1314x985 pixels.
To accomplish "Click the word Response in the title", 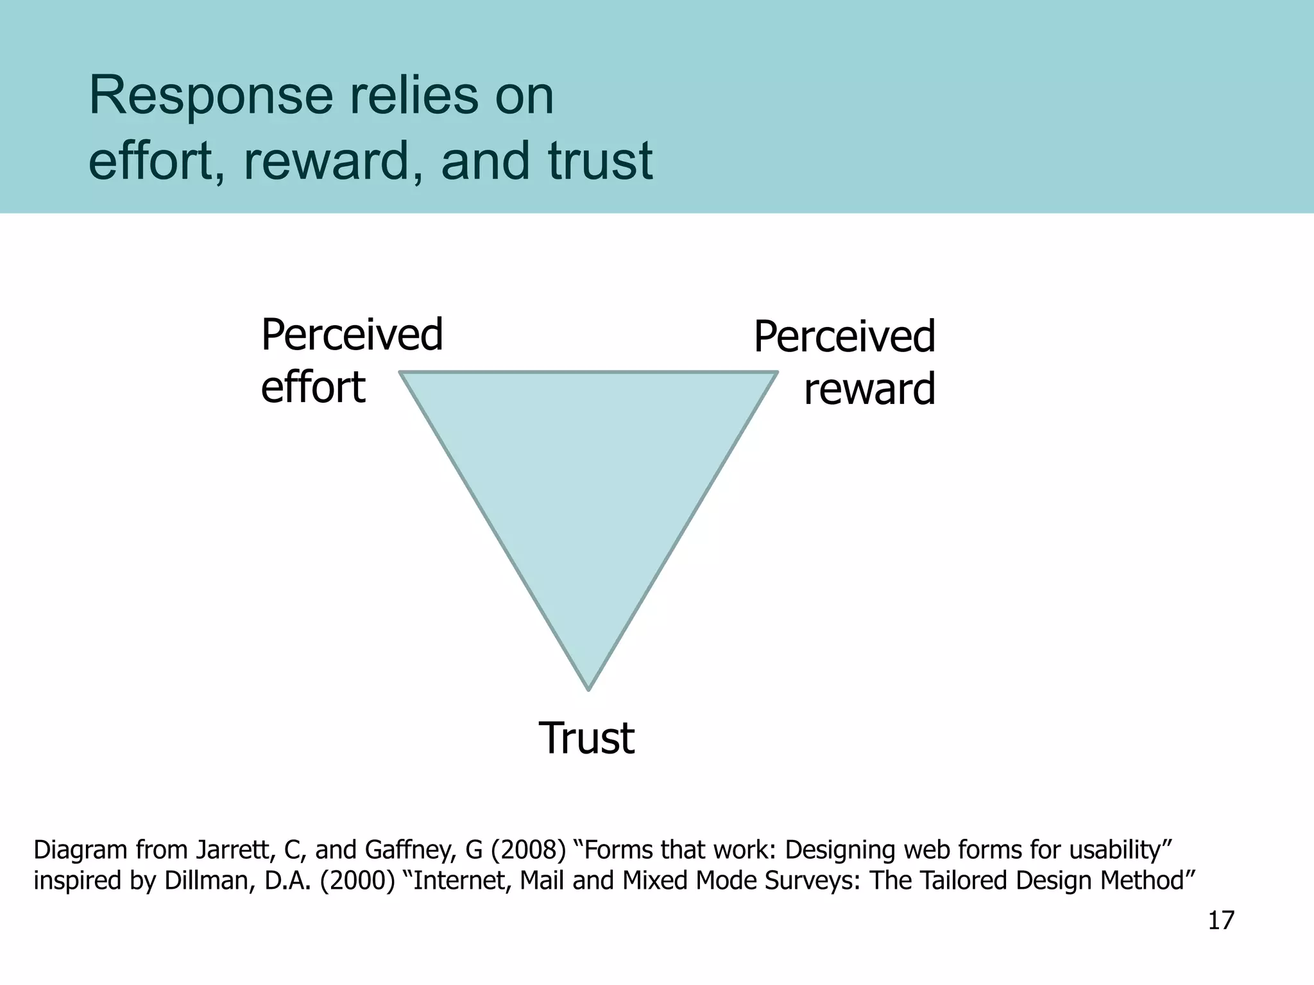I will tap(210, 96).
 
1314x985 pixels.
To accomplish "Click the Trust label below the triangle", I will tap(586, 738).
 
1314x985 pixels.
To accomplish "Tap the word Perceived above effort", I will tap(352, 335).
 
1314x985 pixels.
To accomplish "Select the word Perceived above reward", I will tap(844, 337).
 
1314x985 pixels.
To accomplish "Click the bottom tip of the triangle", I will tap(588, 688).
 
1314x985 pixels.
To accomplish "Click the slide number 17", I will tap(1220, 921).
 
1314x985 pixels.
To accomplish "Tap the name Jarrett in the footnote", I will tap(236, 850).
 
